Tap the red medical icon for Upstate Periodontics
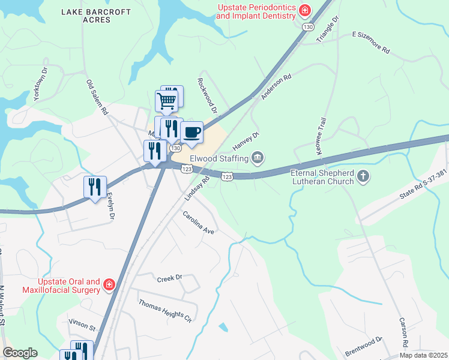coord(305,11)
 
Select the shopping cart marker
coord(166,100)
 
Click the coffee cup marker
coord(191,132)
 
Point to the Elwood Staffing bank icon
coord(258,158)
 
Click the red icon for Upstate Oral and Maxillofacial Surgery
coord(109,284)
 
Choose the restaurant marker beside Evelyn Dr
coord(95,187)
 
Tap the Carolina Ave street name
coord(199,222)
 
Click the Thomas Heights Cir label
coord(164,310)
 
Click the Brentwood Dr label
coord(364,347)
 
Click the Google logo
coord(20,353)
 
